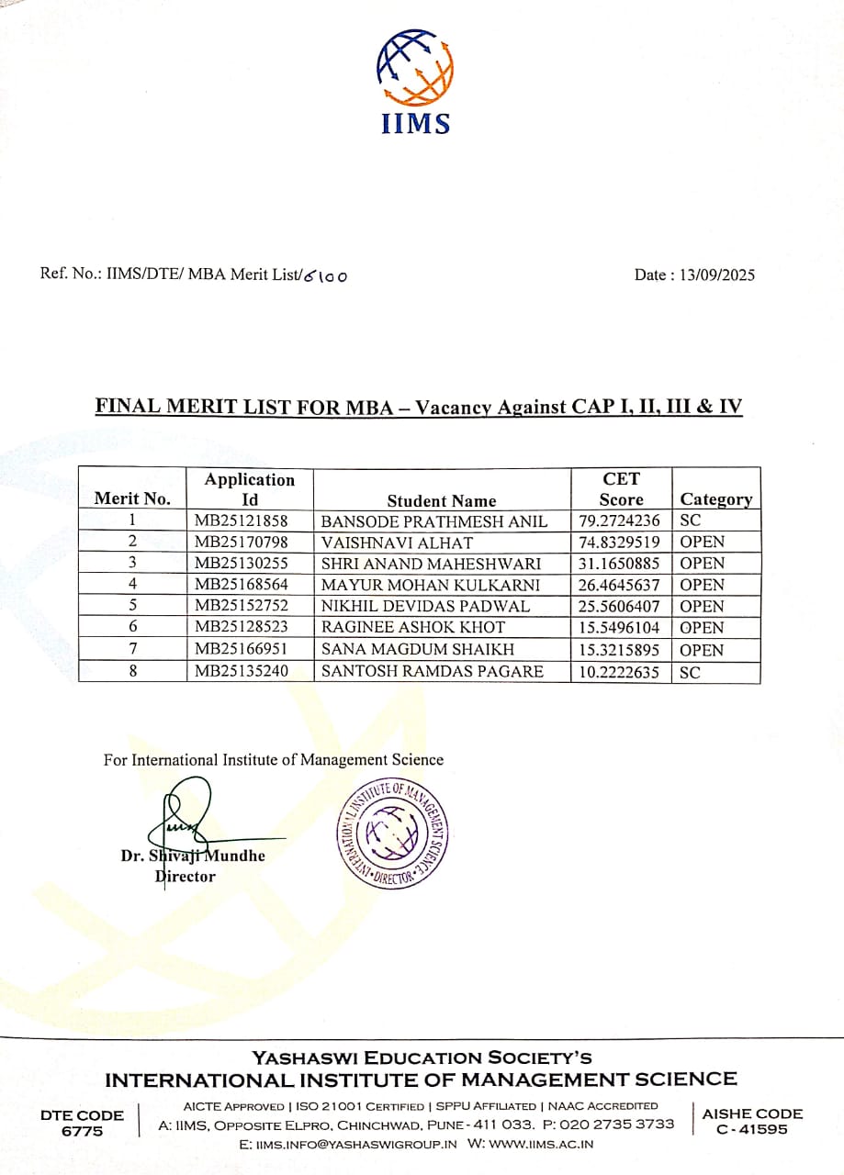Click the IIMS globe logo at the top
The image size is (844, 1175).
click(x=415, y=68)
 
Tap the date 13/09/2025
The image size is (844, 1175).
click(x=712, y=274)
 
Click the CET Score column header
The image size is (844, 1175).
click(x=621, y=489)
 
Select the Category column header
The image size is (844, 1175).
click(x=715, y=499)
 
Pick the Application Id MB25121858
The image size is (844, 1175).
click(x=242, y=521)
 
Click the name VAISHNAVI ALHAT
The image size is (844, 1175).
click(x=397, y=543)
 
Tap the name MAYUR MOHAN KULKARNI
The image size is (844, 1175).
click(x=431, y=585)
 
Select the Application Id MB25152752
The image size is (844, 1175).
click(x=242, y=607)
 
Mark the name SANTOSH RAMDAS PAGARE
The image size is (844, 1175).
click(x=432, y=671)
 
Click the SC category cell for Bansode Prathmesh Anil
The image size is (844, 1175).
click(x=691, y=521)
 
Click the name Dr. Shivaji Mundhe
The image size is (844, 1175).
click(x=193, y=856)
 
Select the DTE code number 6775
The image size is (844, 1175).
click(x=82, y=1131)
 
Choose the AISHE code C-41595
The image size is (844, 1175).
click(x=752, y=1130)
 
